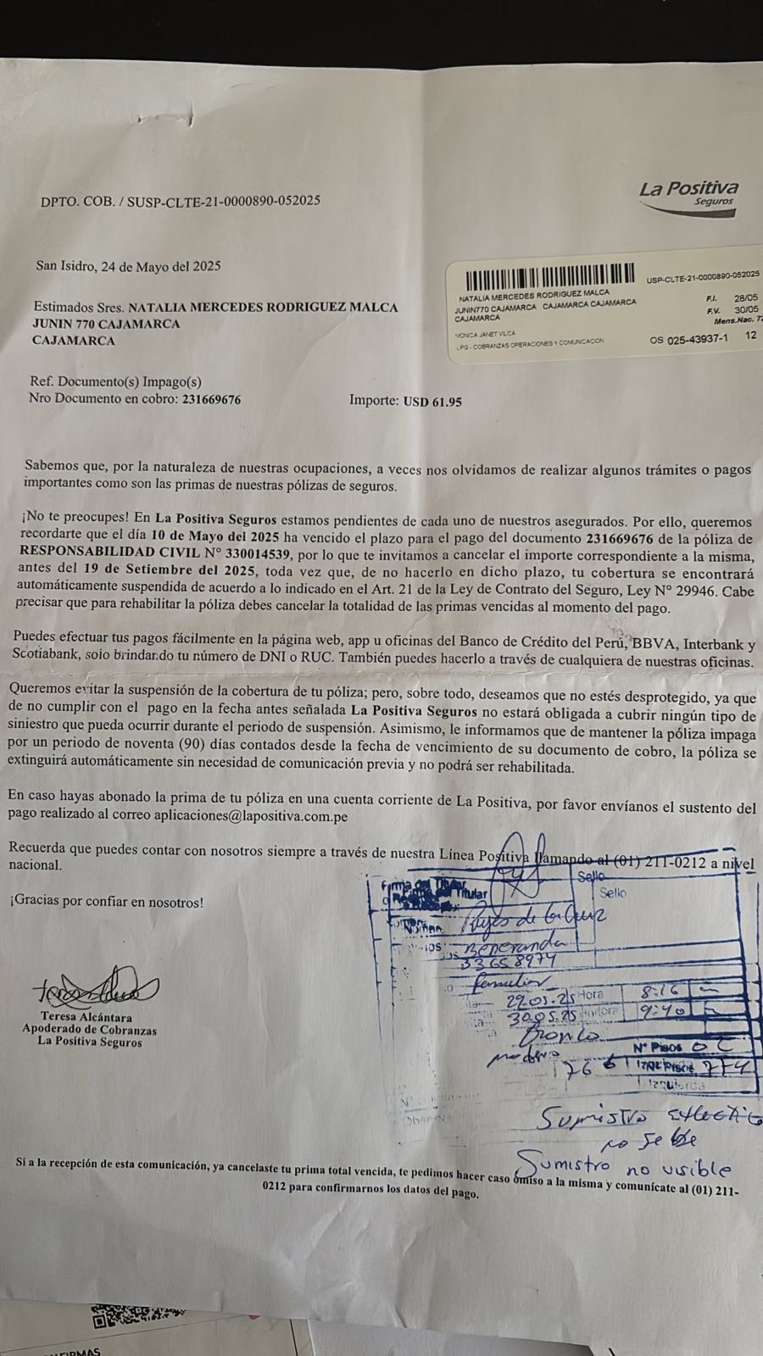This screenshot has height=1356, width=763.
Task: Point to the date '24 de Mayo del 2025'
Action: (160, 265)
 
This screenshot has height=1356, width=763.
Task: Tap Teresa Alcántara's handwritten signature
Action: (95, 989)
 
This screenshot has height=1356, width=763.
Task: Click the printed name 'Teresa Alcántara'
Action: (88, 1017)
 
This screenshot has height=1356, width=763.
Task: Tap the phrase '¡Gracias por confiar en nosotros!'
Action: (107, 903)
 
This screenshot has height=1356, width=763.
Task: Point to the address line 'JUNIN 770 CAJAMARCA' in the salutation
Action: (106, 323)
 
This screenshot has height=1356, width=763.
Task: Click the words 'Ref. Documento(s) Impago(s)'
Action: (115, 381)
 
